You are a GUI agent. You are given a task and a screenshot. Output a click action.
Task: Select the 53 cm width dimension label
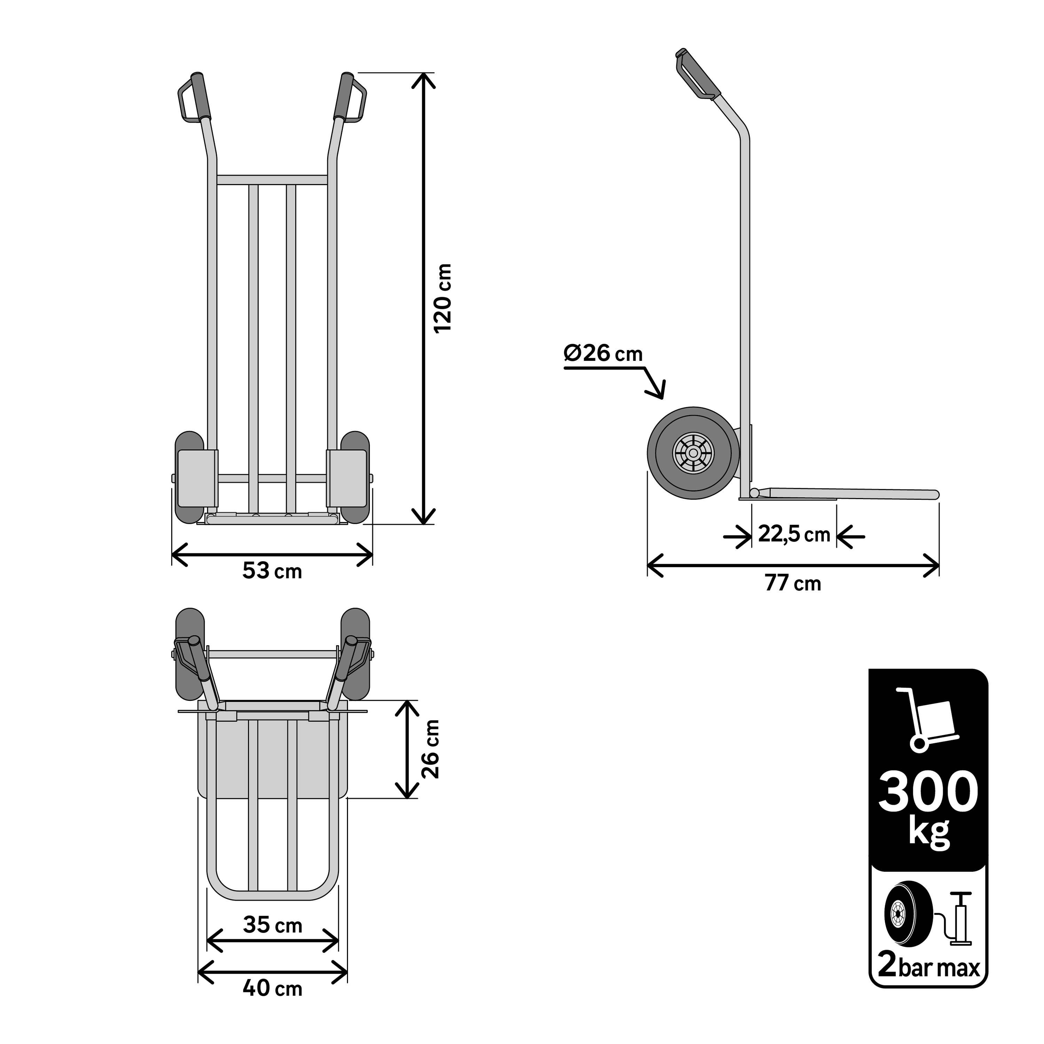coord(272,571)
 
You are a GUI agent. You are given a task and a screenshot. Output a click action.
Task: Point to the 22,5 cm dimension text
coord(794,535)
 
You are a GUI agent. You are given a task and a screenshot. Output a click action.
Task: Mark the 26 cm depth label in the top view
coord(431,749)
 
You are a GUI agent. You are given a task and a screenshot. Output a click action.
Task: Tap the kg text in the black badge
coord(928,833)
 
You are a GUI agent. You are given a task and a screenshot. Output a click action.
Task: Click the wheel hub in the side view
coord(693,453)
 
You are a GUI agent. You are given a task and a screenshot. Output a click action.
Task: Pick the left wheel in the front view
coord(189,477)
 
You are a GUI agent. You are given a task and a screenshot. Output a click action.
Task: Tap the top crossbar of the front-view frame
coord(272,180)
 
